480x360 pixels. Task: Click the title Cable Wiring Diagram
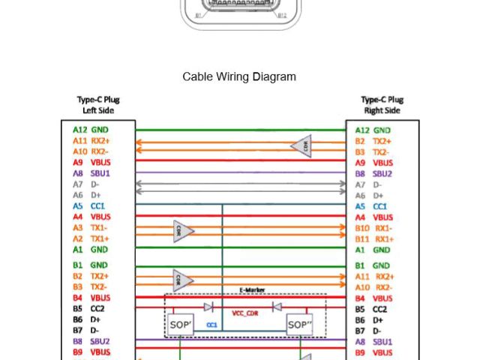(x=239, y=76)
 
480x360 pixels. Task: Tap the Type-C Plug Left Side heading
(x=98, y=105)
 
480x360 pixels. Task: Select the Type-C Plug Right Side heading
(x=382, y=105)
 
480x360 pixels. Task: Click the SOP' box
(x=181, y=325)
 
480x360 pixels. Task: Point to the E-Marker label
(x=252, y=290)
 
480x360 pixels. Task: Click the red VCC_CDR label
(x=246, y=313)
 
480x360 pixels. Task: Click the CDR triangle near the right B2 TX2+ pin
(x=303, y=146)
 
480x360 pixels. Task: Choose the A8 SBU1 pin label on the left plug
(x=91, y=173)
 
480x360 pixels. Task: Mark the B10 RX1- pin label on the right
(x=373, y=228)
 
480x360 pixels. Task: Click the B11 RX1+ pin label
(x=373, y=239)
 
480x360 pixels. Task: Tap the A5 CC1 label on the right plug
(x=371, y=206)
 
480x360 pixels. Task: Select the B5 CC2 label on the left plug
(x=88, y=308)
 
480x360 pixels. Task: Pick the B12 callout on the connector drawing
(x=282, y=15)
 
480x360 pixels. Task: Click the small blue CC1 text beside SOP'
(x=211, y=325)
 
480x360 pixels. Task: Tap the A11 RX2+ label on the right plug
(x=373, y=277)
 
